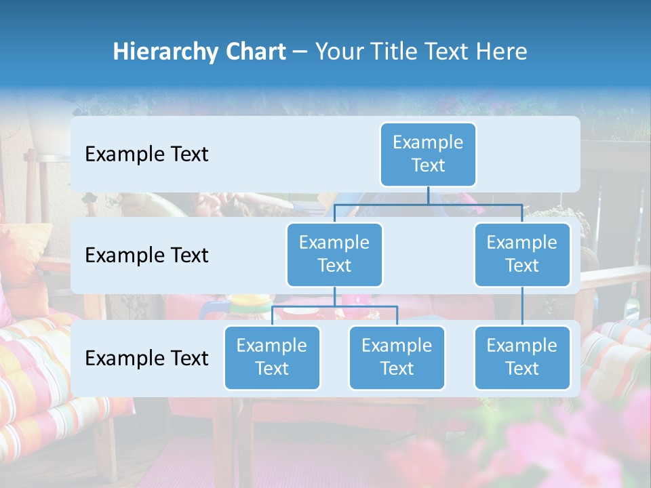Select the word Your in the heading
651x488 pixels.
(338, 52)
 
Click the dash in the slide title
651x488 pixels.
(300, 52)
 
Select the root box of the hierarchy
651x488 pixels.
(428, 154)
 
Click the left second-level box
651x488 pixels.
(334, 254)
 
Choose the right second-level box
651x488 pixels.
(522, 254)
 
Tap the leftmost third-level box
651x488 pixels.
(272, 357)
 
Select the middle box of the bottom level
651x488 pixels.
(397, 357)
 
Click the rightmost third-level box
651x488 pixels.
(522, 357)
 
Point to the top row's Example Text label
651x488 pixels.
(146, 155)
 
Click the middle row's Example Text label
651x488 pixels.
(146, 256)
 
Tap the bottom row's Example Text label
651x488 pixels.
(146, 359)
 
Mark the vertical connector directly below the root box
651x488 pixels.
(428, 195)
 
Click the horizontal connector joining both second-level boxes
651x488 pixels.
(428, 204)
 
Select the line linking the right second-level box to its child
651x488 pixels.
(522, 306)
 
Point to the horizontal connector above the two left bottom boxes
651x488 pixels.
(334, 306)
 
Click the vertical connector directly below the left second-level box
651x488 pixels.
(334, 296)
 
